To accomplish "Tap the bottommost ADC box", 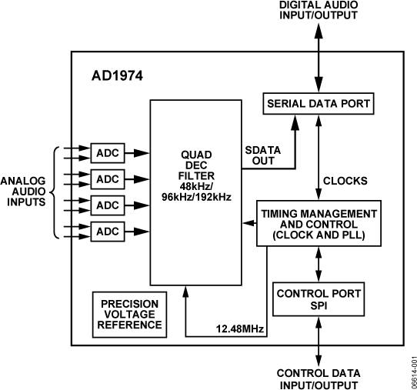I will pyautogui.click(x=108, y=232).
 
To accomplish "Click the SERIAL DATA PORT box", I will pyautogui.click(x=319, y=103).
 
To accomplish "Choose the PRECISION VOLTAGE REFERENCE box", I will pyautogui.click(x=129, y=313).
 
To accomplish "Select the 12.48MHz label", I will pyautogui.click(x=239, y=329).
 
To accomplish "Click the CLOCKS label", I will pyautogui.click(x=345, y=181).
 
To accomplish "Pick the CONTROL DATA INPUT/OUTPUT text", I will pyautogui.click(x=318, y=378).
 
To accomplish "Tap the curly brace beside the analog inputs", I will pyautogui.click(x=55, y=192).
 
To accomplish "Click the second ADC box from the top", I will pyautogui.click(x=108, y=178).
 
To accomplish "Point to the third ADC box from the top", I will pyautogui.click(x=108, y=205).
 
